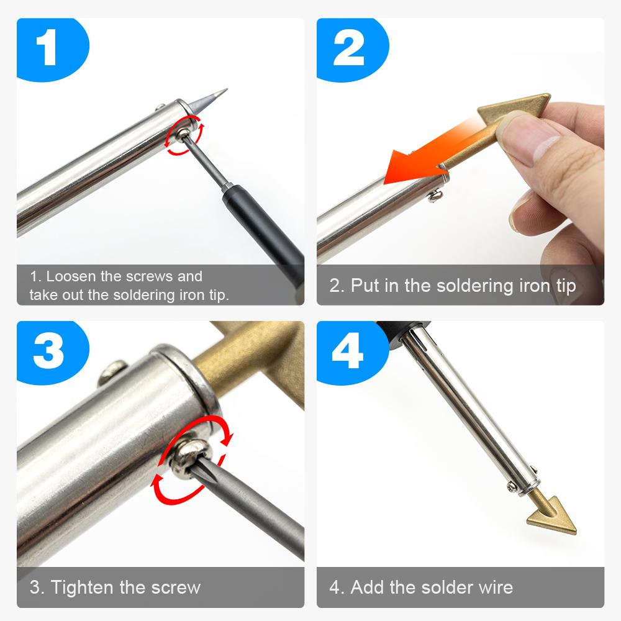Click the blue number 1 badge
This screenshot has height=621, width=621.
(x=49, y=49)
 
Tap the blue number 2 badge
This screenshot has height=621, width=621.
(x=349, y=49)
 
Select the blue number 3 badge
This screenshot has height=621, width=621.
(x=49, y=351)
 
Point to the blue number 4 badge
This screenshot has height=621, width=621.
(x=349, y=351)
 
